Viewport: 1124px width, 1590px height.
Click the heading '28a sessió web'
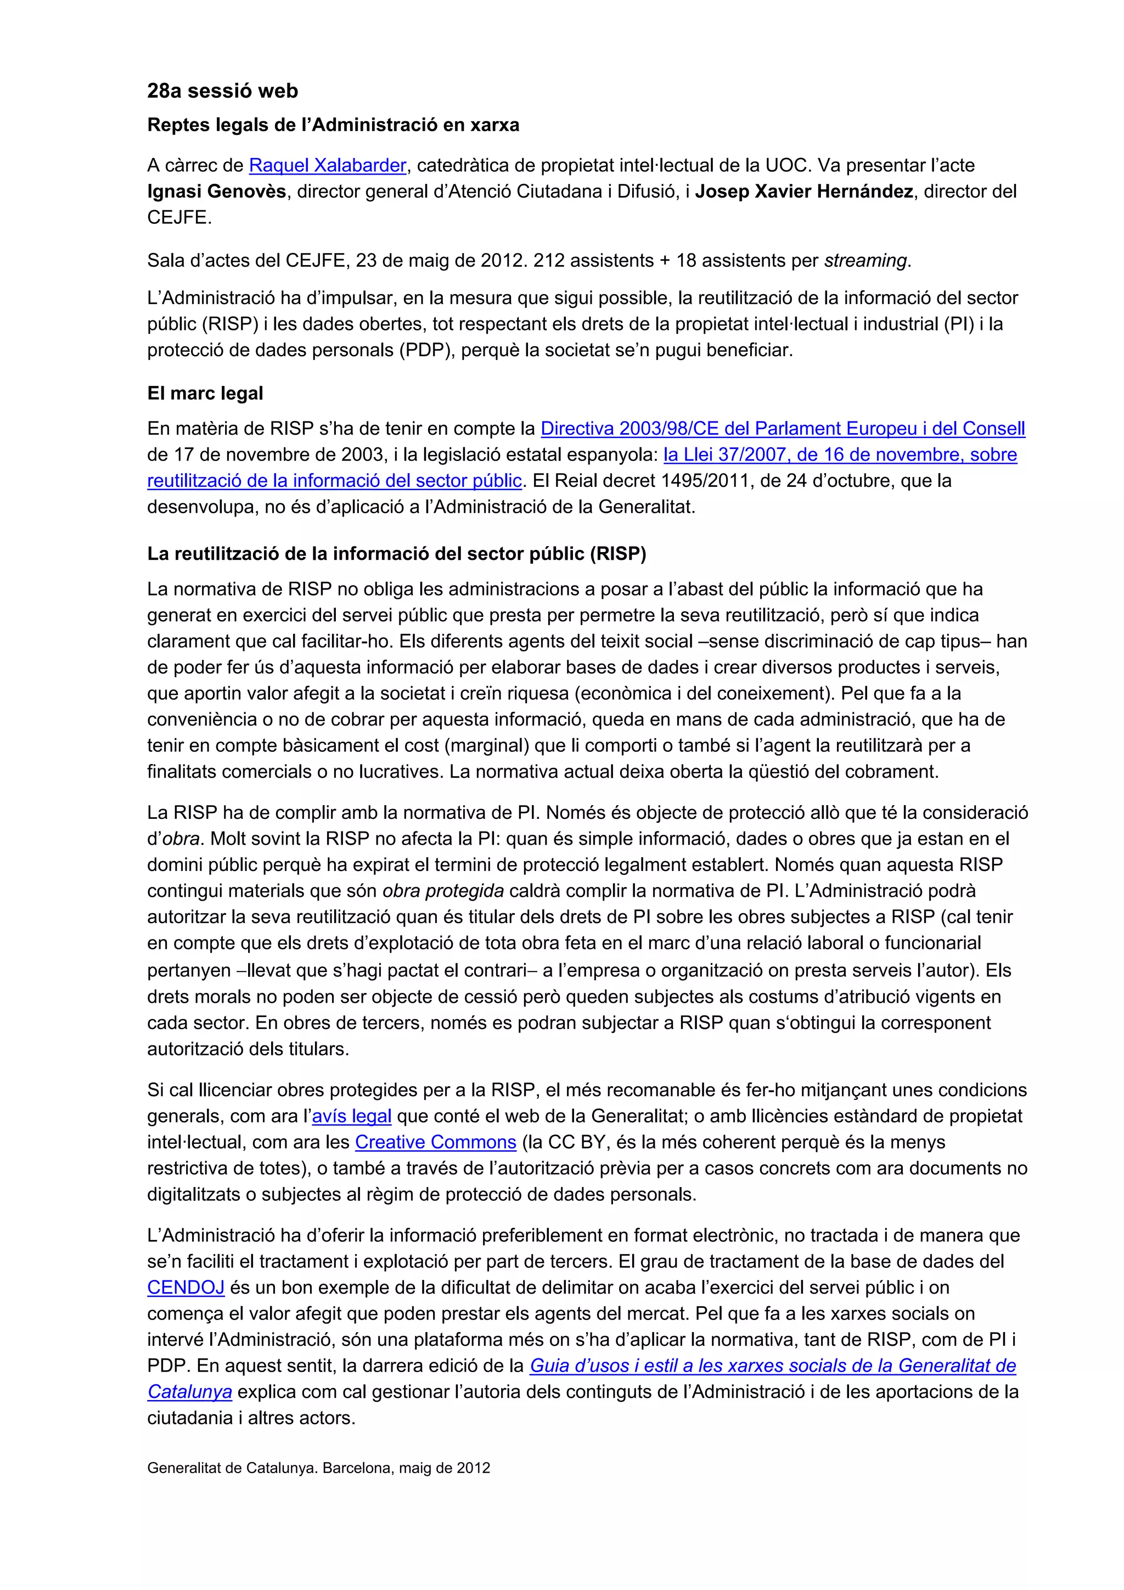click(x=222, y=91)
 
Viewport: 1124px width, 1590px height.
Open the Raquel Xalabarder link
click(x=327, y=166)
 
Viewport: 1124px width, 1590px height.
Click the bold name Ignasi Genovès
click(x=216, y=192)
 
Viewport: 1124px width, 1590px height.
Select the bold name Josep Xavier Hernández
click(x=803, y=192)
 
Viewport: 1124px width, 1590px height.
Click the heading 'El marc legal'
click(x=205, y=394)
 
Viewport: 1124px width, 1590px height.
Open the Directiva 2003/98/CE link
click(x=783, y=429)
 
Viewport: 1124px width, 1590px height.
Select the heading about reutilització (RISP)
click(x=396, y=554)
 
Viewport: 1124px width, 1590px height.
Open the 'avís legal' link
click(x=351, y=1116)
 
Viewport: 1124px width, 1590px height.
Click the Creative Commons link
click(x=436, y=1143)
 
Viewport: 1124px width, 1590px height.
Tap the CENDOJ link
click(x=186, y=1288)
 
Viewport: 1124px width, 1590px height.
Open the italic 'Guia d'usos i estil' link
click(x=772, y=1366)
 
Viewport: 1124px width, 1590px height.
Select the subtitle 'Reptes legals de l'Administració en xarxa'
click(x=333, y=125)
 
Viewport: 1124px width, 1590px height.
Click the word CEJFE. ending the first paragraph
click(x=179, y=217)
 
